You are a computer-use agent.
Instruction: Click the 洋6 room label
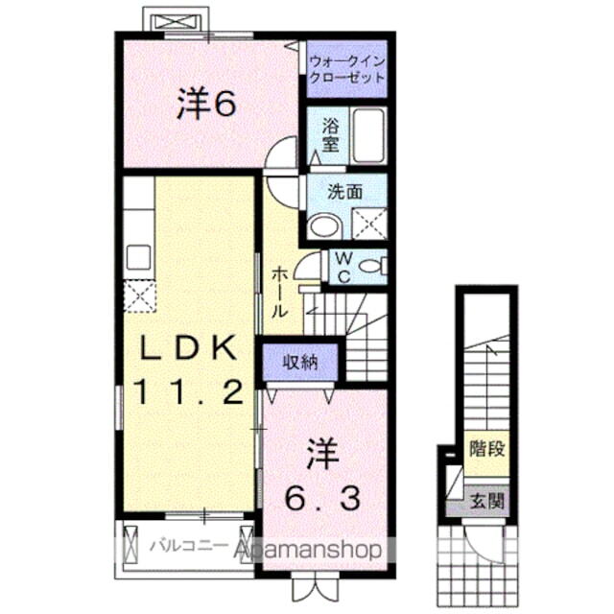(205, 106)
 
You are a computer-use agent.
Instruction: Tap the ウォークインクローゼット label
(346, 70)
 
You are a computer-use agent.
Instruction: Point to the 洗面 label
(346, 192)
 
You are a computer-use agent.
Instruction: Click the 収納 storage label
(301, 363)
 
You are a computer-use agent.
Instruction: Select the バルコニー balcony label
(187, 546)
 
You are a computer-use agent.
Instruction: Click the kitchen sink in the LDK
(138, 259)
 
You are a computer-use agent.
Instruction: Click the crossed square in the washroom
(369, 223)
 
